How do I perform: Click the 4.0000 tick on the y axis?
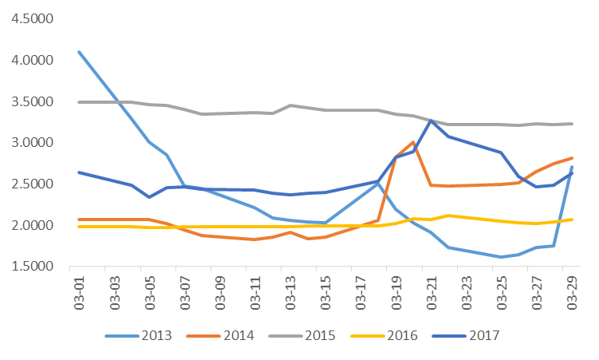coord(30,61)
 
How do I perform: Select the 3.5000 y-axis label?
coord(30,101)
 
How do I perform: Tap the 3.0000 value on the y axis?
coord(30,143)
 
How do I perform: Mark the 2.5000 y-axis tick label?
coord(30,184)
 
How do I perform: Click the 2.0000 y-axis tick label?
coord(30,226)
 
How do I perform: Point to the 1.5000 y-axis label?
coord(30,267)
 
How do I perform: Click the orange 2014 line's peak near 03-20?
coord(413,142)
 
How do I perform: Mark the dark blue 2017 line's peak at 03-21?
coord(431,121)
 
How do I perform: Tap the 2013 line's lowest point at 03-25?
coord(501,257)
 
